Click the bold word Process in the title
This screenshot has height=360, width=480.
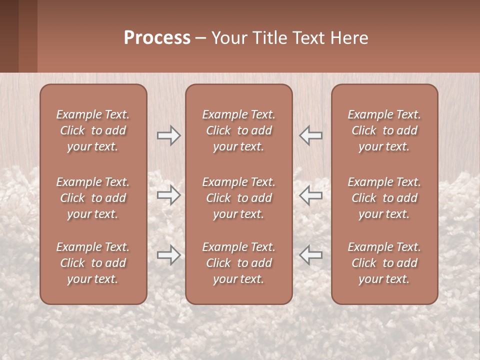(x=157, y=38)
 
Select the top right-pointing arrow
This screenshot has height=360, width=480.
(x=169, y=135)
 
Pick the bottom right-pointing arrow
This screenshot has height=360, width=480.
(x=169, y=255)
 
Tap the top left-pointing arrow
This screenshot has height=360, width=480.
(x=311, y=135)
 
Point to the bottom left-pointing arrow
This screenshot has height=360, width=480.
(x=311, y=255)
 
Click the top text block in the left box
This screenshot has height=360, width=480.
(x=93, y=130)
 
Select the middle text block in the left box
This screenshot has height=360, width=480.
(x=93, y=198)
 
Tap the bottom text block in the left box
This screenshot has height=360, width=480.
(x=93, y=263)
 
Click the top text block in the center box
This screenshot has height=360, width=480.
(x=239, y=130)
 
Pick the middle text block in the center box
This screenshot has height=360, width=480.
(x=239, y=198)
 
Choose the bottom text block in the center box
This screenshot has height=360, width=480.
(x=239, y=263)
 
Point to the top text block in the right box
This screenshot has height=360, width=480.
(x=384, y=130)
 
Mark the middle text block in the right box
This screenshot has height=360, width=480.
(x=384, y=198)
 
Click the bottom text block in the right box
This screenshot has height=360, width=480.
(x=384, y=263)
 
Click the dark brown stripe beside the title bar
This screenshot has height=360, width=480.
(x=9, y=36)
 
